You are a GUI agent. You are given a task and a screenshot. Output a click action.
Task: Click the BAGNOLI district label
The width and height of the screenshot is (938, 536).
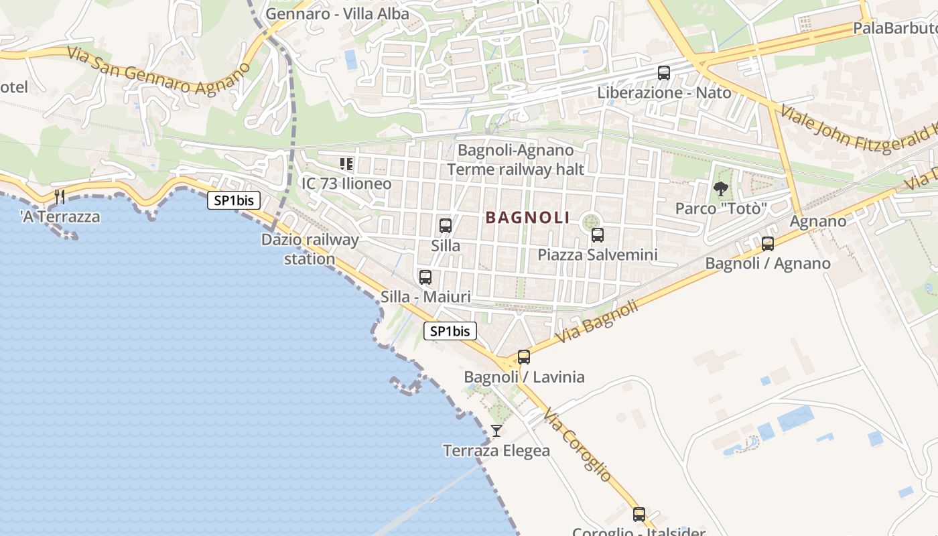click(527, 218)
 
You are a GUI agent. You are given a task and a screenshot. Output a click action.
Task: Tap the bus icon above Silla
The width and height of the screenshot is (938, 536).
click(445, 226)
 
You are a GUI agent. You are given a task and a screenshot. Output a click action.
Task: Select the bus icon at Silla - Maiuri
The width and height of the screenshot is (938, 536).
click(425, 277)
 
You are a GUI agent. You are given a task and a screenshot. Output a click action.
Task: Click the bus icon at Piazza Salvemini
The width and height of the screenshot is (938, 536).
click(597, 235)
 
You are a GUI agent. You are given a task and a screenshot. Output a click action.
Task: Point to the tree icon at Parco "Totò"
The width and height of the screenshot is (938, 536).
click(720, 189)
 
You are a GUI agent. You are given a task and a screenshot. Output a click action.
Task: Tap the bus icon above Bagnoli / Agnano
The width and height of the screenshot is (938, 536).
click(768, 244)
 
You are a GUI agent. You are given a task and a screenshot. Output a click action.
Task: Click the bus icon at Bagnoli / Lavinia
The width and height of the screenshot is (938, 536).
click(524, 357)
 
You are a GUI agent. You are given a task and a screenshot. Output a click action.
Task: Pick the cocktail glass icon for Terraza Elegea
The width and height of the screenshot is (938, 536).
click(496, 431)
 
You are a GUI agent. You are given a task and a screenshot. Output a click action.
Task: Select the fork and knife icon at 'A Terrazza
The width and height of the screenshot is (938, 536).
click(60, 196)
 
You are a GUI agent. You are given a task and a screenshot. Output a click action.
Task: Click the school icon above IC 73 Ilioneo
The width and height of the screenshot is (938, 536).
click(346, 164)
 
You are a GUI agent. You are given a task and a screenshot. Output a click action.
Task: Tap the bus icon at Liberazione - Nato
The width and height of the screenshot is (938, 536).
click(663, 73)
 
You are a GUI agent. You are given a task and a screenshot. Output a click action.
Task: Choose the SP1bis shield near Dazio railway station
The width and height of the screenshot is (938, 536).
click(233, 200)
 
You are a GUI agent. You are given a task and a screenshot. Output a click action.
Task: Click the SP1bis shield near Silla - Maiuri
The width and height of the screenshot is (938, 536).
click(450, 331)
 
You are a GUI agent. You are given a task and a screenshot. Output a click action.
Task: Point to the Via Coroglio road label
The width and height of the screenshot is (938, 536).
click(578, 444)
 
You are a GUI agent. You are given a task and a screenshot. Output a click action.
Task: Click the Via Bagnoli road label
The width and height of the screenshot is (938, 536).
click(596, 322)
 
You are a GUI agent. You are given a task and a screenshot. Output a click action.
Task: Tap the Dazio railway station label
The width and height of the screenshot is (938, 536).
click(310, 249)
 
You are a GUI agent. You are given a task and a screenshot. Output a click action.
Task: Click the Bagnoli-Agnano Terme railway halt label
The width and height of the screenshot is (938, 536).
click(515, 159)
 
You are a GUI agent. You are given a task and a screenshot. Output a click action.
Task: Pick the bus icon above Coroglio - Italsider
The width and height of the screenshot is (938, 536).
click(639, 515)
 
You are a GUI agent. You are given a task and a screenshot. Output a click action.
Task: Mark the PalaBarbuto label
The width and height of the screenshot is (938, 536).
click(894, 28)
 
